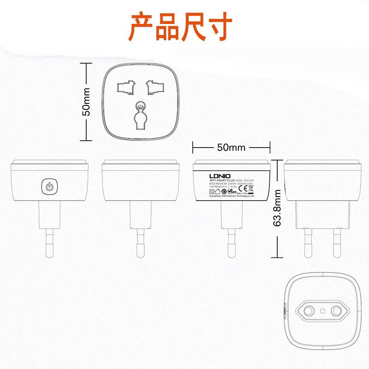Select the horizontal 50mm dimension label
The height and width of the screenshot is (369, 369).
tap(231, 148)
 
